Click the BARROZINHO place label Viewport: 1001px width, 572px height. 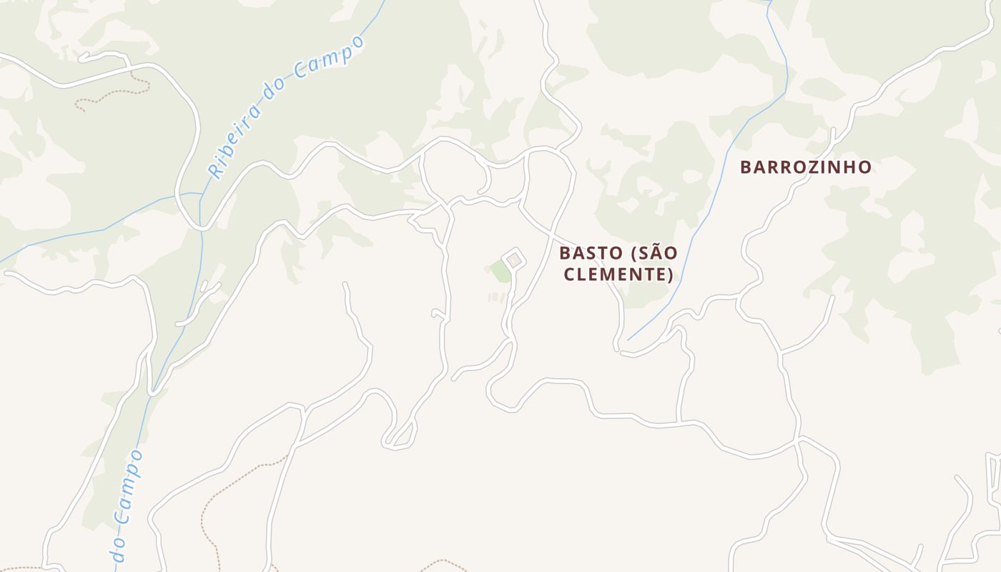[806, 167]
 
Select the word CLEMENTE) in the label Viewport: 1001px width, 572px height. [618, 275]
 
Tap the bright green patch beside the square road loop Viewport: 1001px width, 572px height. [500, 271]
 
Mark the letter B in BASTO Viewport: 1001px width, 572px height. [565, 253]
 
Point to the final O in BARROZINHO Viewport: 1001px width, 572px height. [865, 167]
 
